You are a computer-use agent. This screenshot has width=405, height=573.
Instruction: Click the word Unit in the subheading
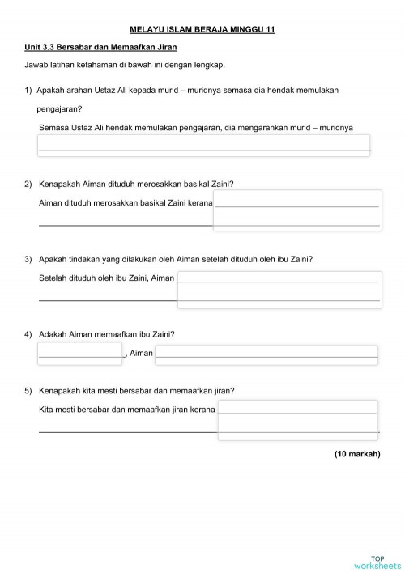(x=33, y=48)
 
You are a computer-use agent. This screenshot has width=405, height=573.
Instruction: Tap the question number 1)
(x=29, y=91)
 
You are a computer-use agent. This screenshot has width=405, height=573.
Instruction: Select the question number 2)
(x=29, y=185)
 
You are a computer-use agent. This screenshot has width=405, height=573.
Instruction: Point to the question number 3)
(x=29, y=259)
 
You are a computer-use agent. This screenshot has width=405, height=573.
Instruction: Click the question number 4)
(x=29, y=334)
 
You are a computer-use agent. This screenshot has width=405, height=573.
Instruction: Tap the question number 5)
(x=29, y=390)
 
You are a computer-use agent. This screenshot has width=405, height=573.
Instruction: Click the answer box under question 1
(x=204, y=145)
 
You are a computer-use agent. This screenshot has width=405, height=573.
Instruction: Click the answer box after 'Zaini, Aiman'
(x=279, y=289)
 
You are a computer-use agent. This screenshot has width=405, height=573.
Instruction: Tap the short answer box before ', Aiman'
(x=79, y=353)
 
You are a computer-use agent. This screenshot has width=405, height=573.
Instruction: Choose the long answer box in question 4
(x=266, y=353)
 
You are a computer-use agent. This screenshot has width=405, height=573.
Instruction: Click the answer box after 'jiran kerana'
(x=298, y=422)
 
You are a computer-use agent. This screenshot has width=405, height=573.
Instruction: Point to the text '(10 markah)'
(x=357, y=454)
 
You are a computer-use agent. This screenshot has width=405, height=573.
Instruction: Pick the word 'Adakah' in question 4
(x=53, y=334)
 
